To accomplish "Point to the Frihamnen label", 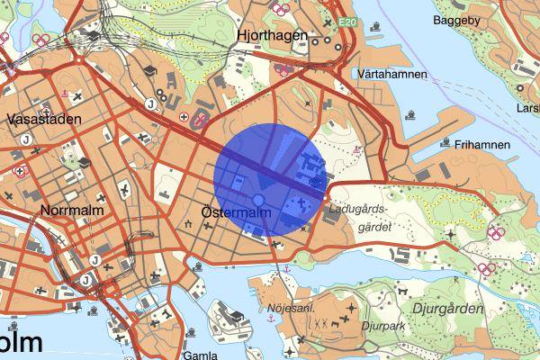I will point(482,144).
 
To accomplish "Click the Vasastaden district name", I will point(42,118).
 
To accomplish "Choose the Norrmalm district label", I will point(72,210).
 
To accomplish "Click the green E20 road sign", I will point(349,22).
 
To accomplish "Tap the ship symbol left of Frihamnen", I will point(446,142).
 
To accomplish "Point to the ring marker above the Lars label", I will point(520,87).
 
